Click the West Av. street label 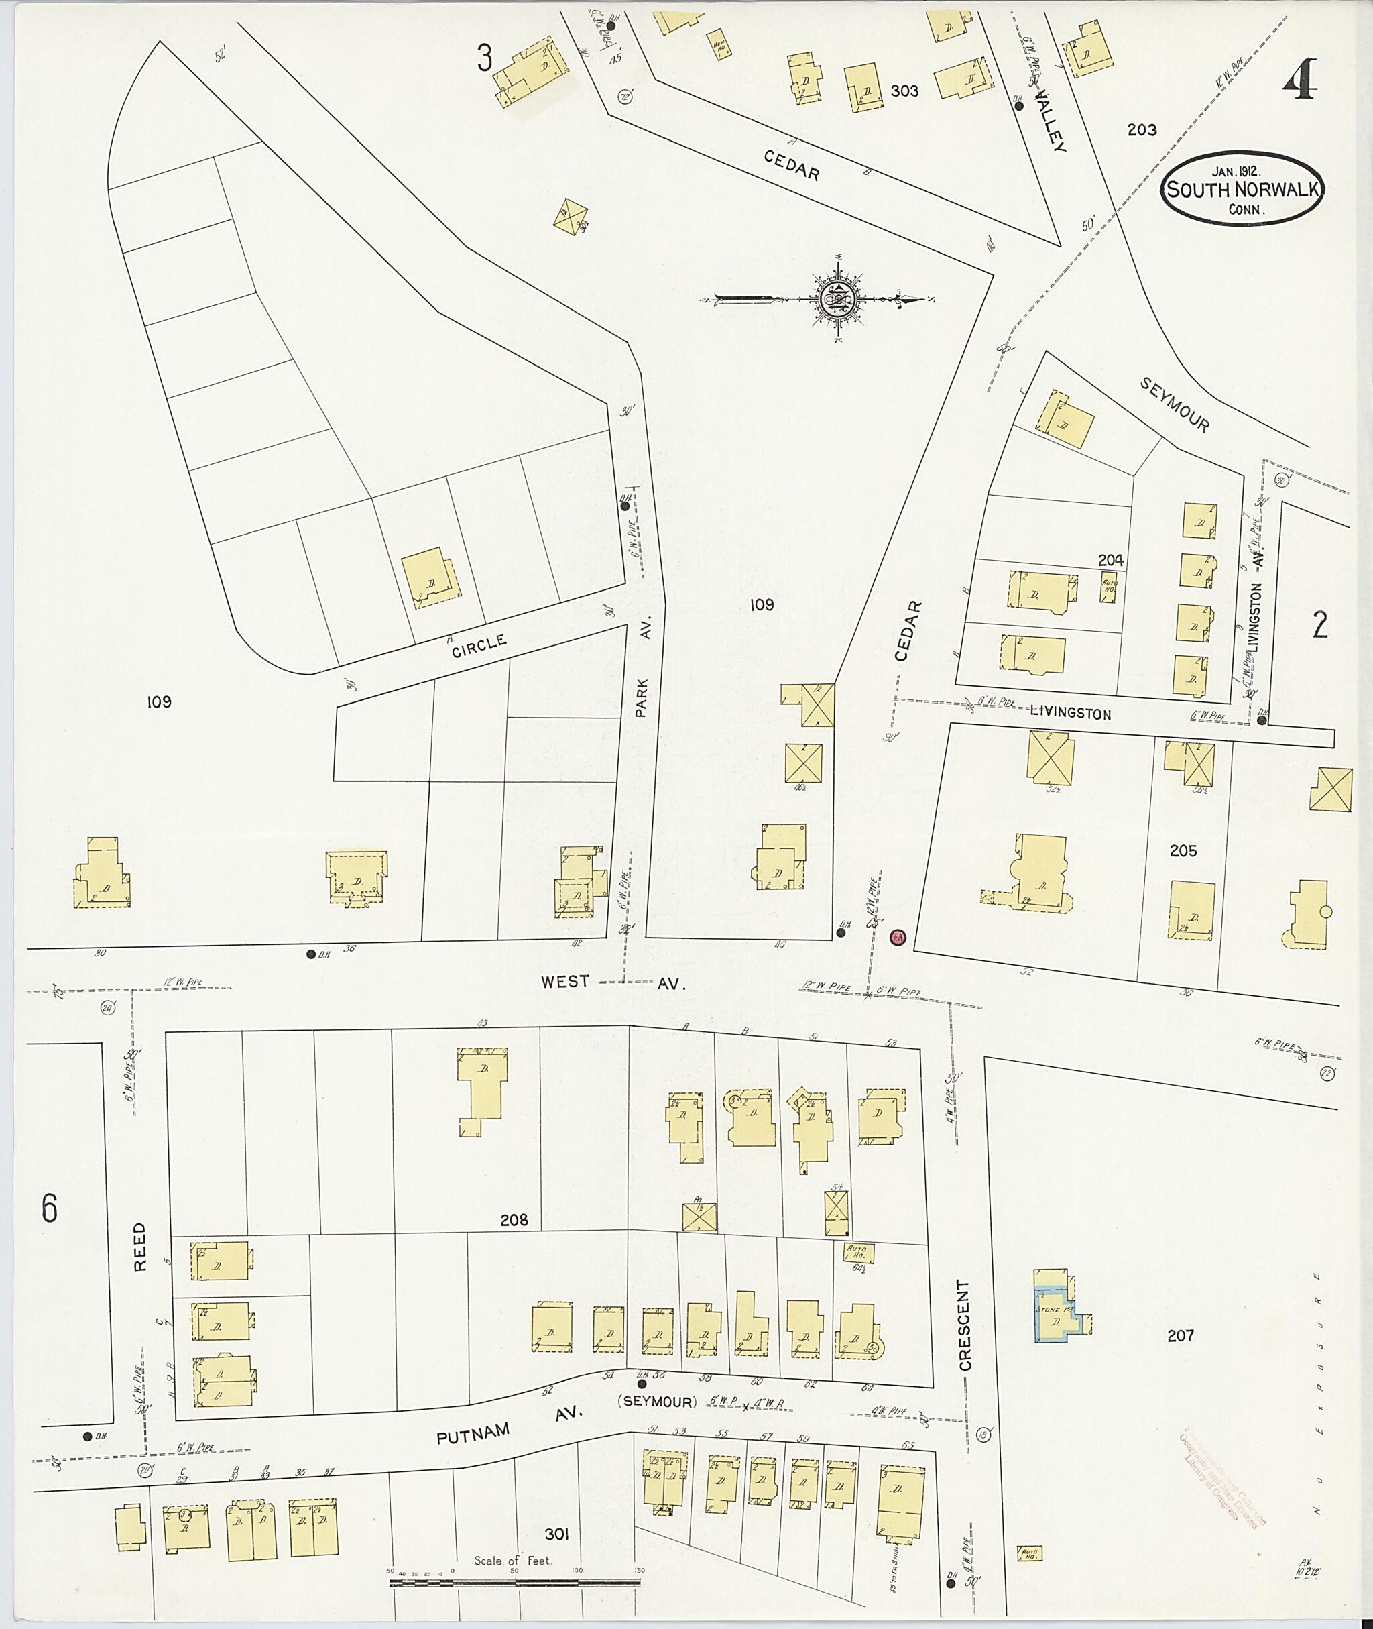[613, 982]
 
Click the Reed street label [140, 1247]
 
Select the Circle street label [479, 644]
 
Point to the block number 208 [514, 1220]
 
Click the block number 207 [1180, 1335]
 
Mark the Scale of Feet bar [514, 1581]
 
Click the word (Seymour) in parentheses [657, 1402]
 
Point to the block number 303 [904, 91]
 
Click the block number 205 [1183, 851]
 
